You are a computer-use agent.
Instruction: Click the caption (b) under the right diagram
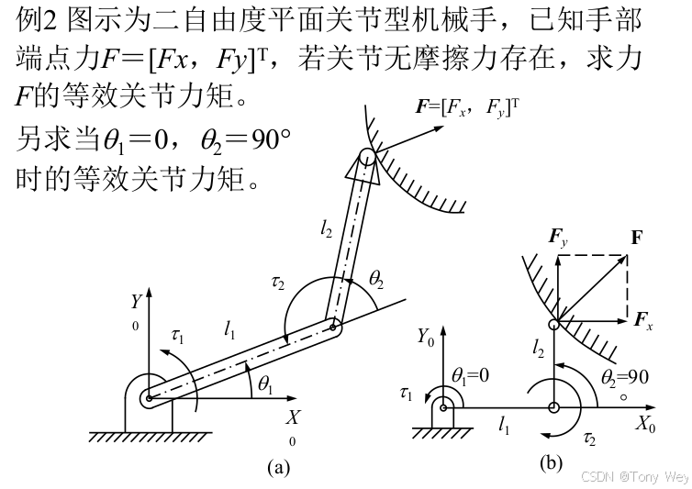[551, 462]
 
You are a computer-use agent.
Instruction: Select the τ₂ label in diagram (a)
[278, 283]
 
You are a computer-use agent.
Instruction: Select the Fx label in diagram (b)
[644, 320]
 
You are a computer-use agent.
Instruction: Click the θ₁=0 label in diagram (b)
[473, 376]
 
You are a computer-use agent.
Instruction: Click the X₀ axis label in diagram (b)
[647, 425]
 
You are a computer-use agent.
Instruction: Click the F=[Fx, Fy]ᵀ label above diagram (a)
[467, 106]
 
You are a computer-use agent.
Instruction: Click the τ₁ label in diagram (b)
[407, 394]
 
